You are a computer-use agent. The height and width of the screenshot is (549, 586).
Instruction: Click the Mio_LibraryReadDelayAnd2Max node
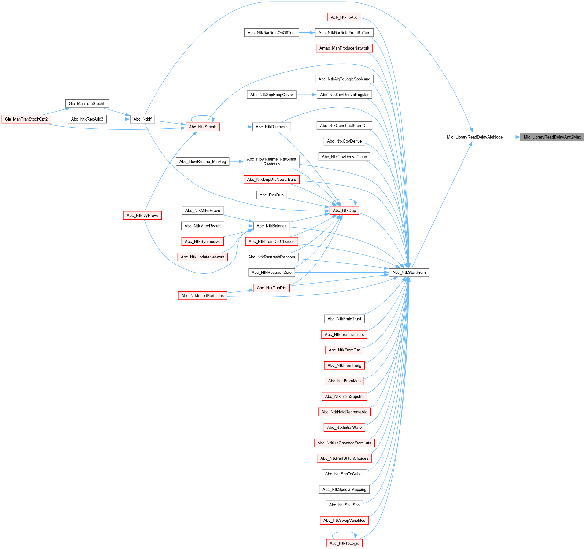click(552, 137)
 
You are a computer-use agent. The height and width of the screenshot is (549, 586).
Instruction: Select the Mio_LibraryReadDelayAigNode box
click(474, 137)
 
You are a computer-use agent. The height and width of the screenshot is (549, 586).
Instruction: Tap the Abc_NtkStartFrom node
click(409, 272)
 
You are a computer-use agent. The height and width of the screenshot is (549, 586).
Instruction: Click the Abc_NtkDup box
click(344, 210)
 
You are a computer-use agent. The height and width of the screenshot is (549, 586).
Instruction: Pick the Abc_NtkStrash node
click(202, 127)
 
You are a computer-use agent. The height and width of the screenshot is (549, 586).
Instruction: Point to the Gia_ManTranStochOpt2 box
click(26, 119)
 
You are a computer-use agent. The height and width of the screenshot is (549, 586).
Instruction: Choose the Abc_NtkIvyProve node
click(142, 215)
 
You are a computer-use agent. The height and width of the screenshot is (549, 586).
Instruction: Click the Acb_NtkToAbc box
click(344, 17)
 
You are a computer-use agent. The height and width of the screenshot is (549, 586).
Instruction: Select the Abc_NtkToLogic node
click(344, 543)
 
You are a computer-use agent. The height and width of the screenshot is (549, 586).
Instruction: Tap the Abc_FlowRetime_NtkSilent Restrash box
click(271, 161)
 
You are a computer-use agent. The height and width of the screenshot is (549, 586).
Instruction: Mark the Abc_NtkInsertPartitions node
click(202, 295)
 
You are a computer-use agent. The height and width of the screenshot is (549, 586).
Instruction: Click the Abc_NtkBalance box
click(271, 226)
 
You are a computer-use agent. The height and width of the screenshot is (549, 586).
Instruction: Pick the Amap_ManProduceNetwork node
click(344, 48)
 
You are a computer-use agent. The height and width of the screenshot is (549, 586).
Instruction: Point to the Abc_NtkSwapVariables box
click(344, 520)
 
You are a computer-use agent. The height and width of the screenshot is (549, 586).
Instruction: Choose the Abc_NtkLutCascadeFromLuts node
click(344, 443)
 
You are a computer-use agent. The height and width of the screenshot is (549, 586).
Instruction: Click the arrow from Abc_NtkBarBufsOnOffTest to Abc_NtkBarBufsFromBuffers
click(307, 32)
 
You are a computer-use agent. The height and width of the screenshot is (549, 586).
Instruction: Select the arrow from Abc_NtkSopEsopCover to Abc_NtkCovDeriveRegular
click(306, 95)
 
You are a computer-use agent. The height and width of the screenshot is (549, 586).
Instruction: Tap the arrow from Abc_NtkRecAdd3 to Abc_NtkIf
click(118, 119)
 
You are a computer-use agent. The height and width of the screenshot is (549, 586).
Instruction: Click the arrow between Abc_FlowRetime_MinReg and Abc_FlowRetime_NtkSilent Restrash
click(236, 161)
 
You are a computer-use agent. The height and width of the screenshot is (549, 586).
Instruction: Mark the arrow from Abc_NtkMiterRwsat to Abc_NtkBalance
click(238, 226)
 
